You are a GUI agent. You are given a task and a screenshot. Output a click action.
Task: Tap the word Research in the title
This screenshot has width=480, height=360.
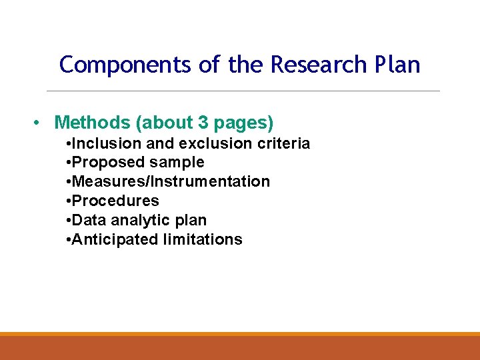click(319, 65)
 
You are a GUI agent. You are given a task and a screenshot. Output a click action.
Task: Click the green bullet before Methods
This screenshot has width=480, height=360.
click(38, 123)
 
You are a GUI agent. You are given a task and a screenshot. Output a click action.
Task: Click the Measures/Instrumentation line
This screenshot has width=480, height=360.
click(170, 181)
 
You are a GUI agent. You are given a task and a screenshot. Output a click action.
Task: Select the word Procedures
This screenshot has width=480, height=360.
click(115, 201)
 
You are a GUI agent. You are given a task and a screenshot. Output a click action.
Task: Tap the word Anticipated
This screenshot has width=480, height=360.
click(115, 239)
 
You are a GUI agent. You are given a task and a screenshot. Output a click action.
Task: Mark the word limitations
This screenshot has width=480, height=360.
click(203, 239)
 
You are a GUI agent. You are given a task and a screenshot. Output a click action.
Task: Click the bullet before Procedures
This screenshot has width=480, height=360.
click(69, 201)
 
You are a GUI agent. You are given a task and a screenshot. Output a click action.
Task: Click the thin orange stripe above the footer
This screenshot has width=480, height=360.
click(240, 334)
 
